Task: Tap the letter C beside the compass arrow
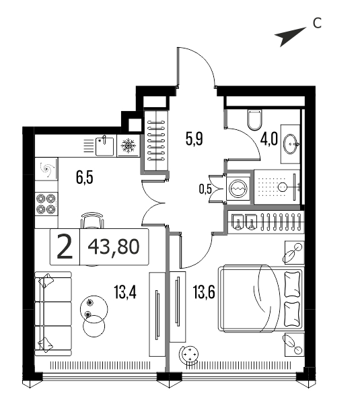[317, 23]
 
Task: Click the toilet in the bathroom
[254, 119]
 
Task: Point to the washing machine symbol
[238, 189]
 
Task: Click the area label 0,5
[205, 189]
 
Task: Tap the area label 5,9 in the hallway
[194, 139]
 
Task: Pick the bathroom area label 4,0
[269, 139]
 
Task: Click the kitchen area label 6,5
[85, 178]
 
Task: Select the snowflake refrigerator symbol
[128, 145]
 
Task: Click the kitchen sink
[104, 146]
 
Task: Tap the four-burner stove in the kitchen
[46, 204]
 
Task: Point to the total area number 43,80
[114, 246]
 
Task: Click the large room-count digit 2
[65, 246]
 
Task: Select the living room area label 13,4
[125, 293]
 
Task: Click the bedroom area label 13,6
[204, 293]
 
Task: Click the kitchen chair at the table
[92, 220]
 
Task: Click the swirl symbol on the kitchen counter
[47, 170]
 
